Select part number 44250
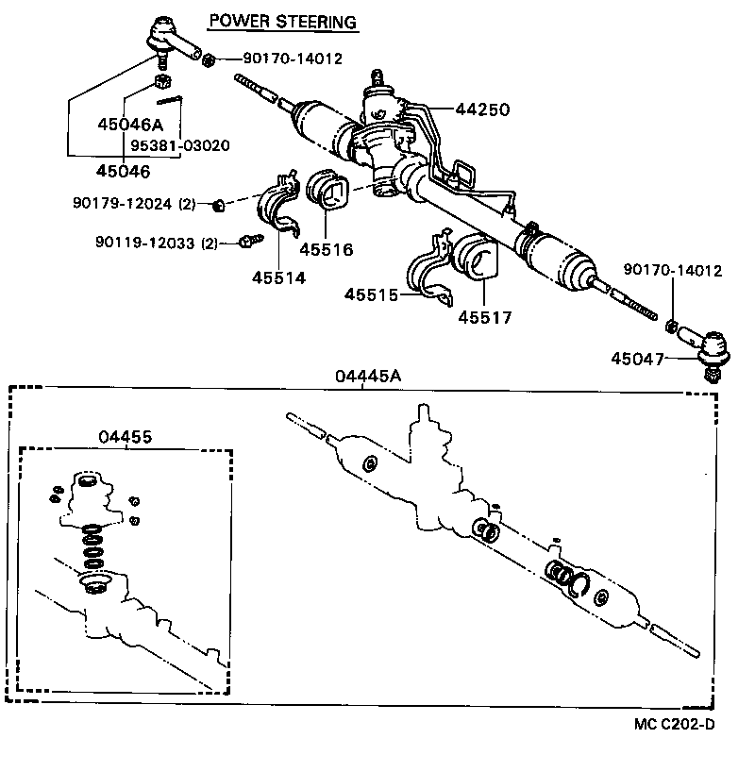[x=482, y=109]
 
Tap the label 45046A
[x=130, y=124]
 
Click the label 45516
[x=326, y=250]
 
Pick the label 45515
[x=371, y=295]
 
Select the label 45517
[x=485, y=317]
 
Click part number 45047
[x=637, y=359]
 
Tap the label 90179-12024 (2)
[x=133, y=203]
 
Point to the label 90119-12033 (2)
[x=156, y=243]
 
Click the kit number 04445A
[x=368, y=376]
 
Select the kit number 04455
[x=126, y=437]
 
